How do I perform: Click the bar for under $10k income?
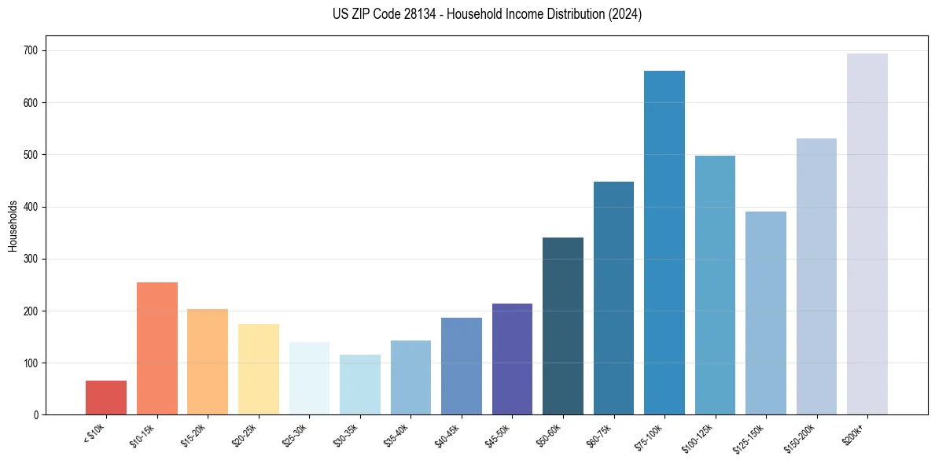[106, 398]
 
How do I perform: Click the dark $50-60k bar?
[563, 326]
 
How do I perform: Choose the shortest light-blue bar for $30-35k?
[360, 385]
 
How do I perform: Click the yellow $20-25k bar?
[259, 370]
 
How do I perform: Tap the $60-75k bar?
[613, 299]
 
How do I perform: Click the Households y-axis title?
[13, 225]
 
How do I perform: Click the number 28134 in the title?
[407, 14]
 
